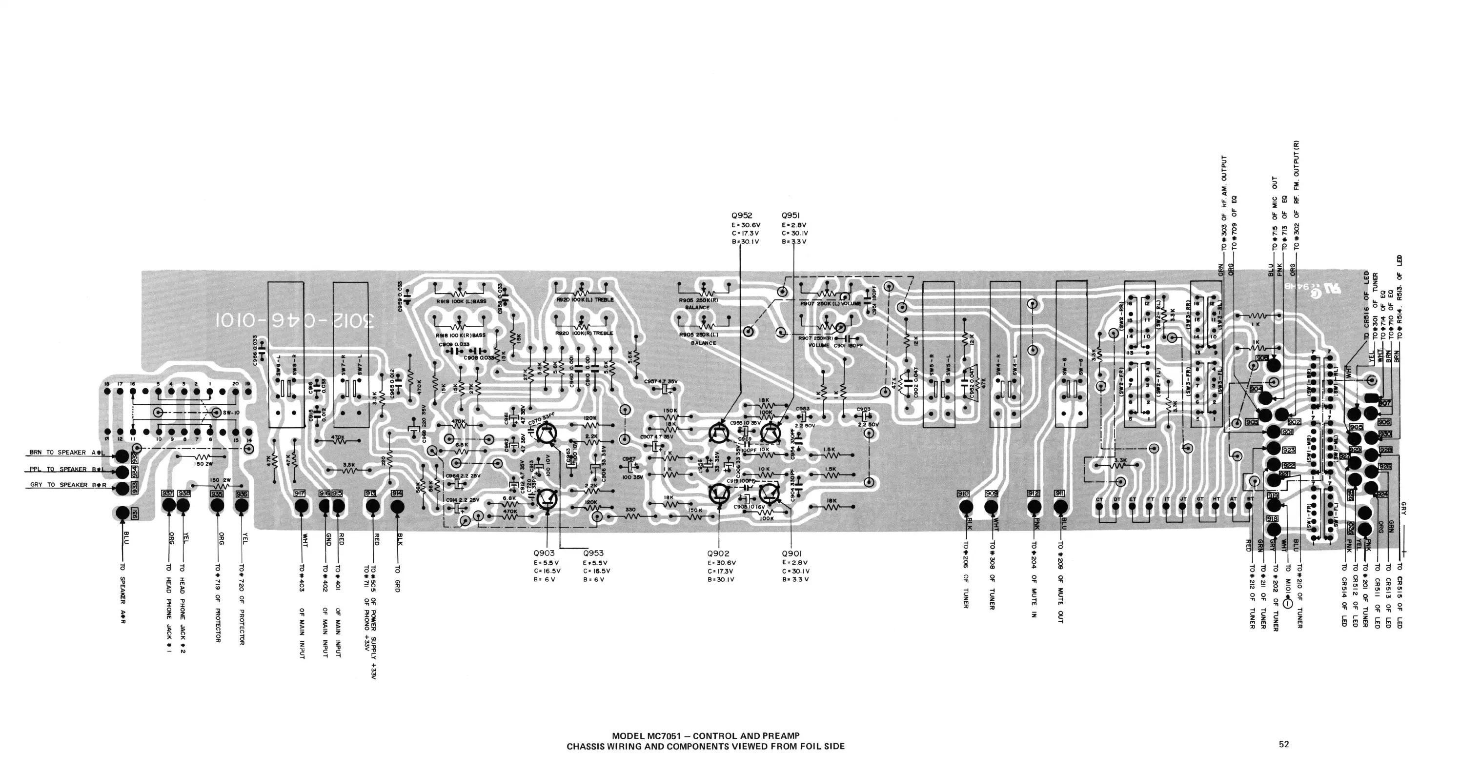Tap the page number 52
(x=1284, y=744)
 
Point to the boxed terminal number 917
(x=300, y=494)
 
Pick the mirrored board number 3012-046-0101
(x=295, y=319)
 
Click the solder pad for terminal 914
(x=397, y=506)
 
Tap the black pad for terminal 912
(x=1034, y=506)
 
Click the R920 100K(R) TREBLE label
(x=584, y=333)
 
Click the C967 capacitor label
(x=629, y=458)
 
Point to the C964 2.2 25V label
(x=463, y=476)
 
